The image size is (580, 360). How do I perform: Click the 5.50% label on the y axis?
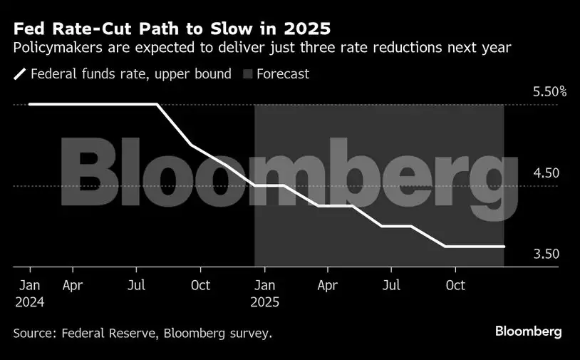[x=549, y=92]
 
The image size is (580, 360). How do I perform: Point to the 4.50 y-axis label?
[x=546, y=173]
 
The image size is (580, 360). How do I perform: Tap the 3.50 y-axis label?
[x=546, y=254]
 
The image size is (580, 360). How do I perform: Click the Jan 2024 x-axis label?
[x=30, y=293]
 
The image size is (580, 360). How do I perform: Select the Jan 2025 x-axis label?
[x=264, y=293]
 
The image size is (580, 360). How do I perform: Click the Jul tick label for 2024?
[x=137, y=285]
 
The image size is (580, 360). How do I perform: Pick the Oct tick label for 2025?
[x=455, y=285]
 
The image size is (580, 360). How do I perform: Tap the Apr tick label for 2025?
[x=327, y=285]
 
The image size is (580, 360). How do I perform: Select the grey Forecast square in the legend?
[x=247, y=74]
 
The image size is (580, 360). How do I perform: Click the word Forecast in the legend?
[x=283, y=74]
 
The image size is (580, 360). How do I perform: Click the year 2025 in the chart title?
[x=309, y=31]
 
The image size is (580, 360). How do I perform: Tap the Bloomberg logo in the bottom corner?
[x=528, y=331]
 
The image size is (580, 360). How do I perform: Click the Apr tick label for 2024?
[x=73, y=285]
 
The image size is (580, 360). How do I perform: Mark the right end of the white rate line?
[x=504, y=247]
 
